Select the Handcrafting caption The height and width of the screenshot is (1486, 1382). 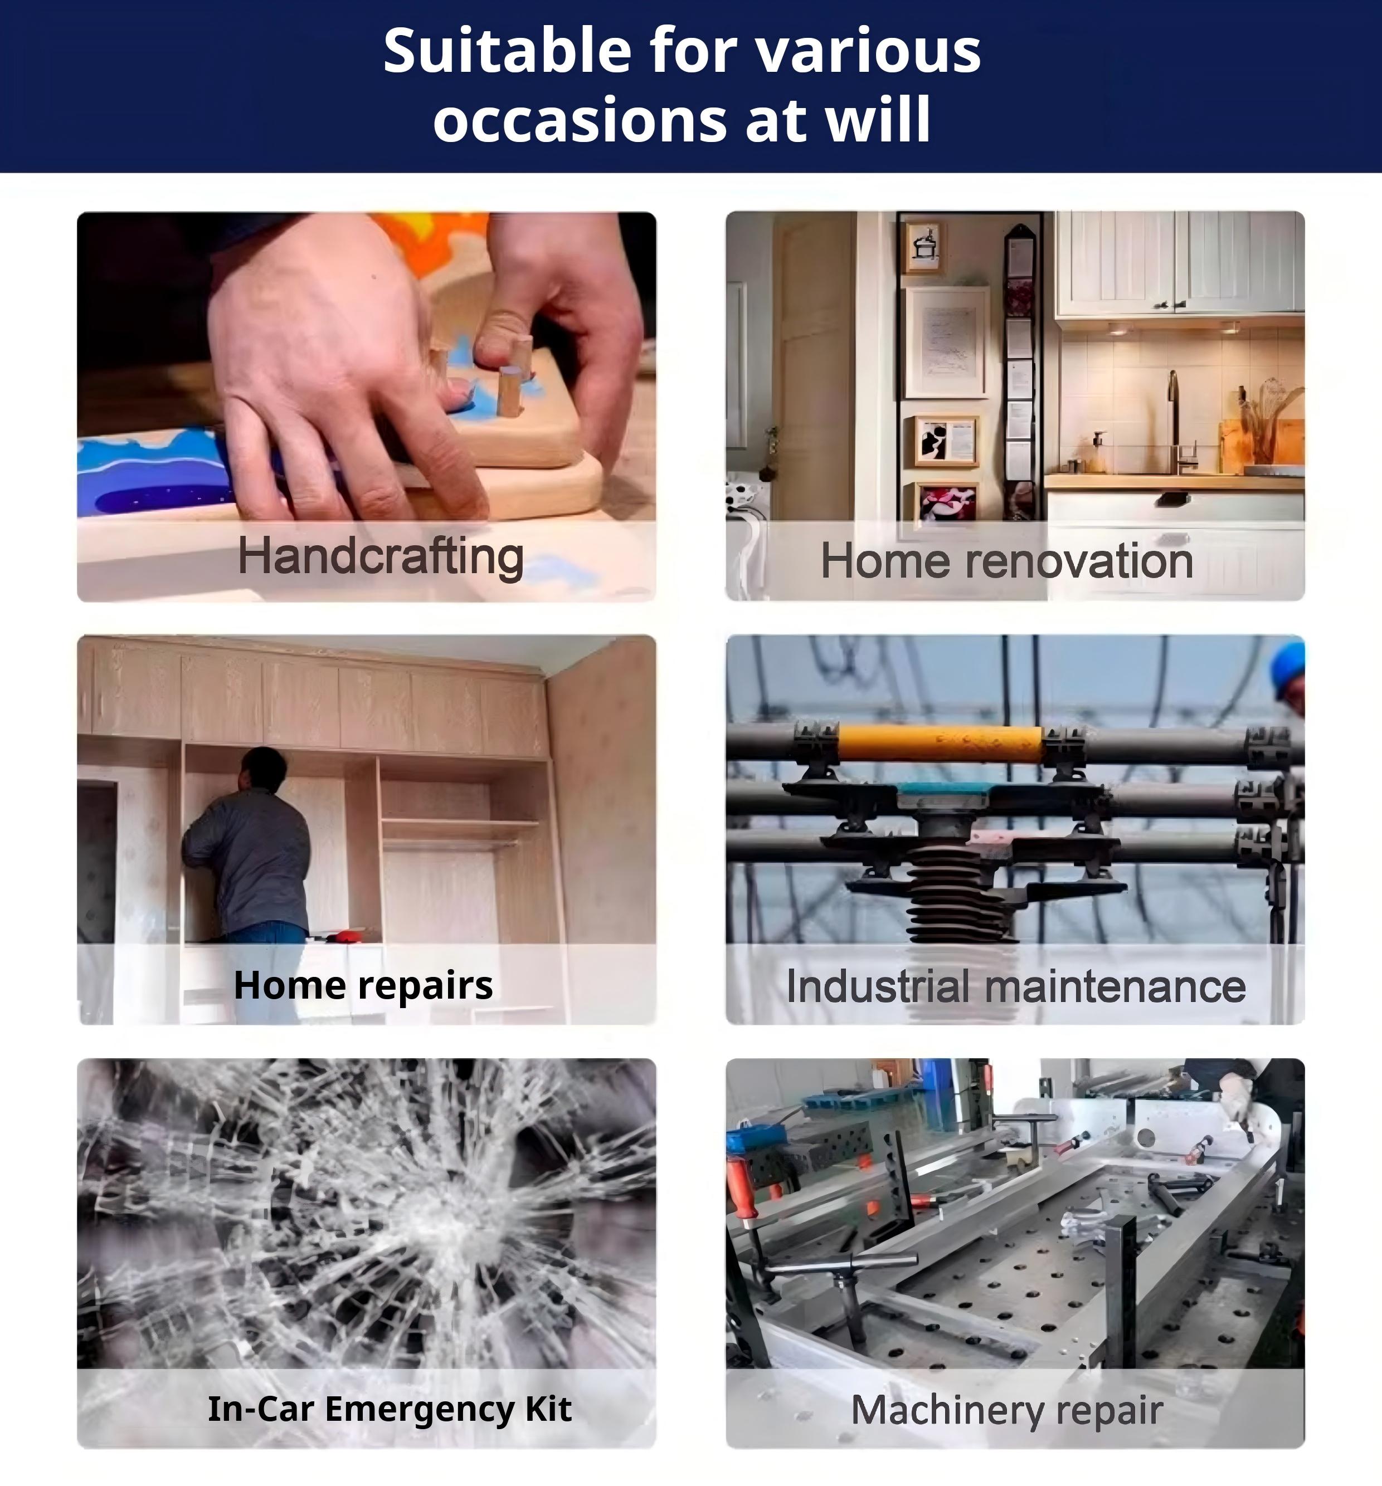point(381,558)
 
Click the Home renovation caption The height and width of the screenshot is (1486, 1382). point(1006,561)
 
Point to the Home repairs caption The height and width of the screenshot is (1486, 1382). point(363,985)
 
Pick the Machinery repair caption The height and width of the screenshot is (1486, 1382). point(1006,1410)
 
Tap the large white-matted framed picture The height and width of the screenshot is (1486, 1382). point(946,343)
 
